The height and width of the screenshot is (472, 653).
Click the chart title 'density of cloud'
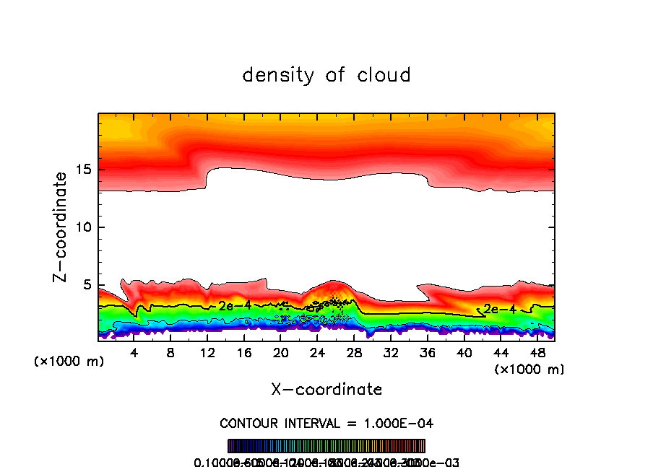[x=326, y=75]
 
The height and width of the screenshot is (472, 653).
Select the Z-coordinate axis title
[x=61, y=227]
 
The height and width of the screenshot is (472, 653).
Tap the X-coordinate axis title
[x=326, y=390]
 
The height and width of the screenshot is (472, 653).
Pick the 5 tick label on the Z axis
[x=88, y=285]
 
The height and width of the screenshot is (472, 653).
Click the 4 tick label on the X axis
[x=134, y=353]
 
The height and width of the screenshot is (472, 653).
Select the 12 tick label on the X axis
[x=207, y=353]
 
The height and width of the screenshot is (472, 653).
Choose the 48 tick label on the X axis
[x=537, y=353]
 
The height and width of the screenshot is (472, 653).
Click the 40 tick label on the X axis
[x=464, y=353]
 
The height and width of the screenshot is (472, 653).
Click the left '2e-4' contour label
[x=235, y=305]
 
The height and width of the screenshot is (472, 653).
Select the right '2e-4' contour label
[x=500, y=309]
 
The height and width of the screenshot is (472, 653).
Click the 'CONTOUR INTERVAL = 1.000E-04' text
[x=326, y=423]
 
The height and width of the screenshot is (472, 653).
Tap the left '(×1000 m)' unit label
[x=69, y=362]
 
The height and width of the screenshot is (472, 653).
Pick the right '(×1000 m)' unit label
[x=529, y=370]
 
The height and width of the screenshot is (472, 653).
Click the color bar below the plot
[x=326, y=446]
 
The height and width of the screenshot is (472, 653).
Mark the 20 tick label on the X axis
[x=280, y=353]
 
